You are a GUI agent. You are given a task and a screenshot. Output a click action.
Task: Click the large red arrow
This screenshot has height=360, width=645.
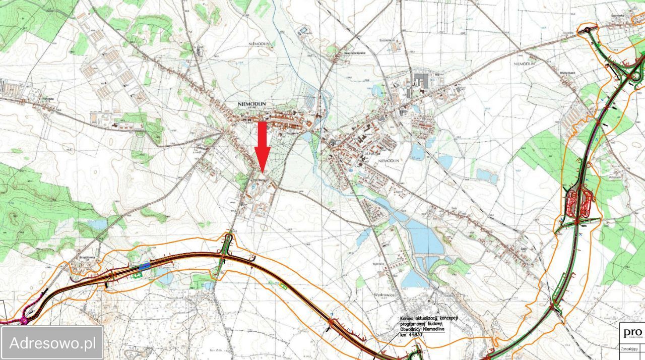point(262,146)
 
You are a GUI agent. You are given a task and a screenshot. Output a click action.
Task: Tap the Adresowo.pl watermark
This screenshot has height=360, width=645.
point(52,343)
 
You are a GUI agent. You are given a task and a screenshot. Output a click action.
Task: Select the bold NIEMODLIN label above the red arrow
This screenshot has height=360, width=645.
point(254,104)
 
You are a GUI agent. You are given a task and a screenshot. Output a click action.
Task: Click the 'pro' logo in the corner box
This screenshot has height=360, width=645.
point(632,333)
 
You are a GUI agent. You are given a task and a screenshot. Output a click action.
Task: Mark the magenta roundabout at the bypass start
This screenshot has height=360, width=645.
point(24,320)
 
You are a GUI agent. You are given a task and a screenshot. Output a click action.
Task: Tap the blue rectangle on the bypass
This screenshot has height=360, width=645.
point(145,264)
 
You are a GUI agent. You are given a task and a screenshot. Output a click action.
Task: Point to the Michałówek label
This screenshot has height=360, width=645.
point(568,73)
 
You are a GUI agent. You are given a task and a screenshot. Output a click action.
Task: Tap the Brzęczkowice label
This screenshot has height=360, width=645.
point(87,257)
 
